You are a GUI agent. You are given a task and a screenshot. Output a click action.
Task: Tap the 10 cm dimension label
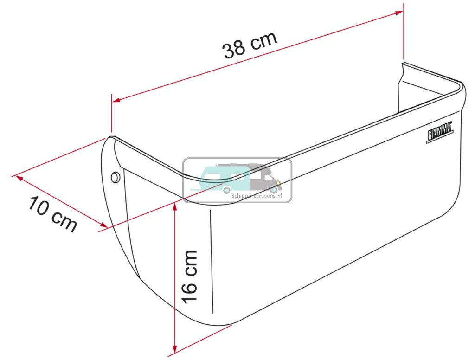(x=52, y=214)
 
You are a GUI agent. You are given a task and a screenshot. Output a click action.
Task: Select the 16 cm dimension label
(x=190, y=276)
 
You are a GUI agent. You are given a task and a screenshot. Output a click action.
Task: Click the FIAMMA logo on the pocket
(x=439, y=135)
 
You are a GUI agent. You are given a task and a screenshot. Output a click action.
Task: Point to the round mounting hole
(x=115, y=176)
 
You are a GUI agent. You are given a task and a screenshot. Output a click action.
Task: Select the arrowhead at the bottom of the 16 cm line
(x=175, y=349)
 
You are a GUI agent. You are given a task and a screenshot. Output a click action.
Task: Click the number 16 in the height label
(x=190, y=291)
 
